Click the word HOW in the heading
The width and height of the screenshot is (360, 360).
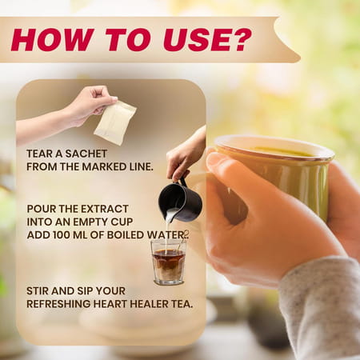[x=51, y=40]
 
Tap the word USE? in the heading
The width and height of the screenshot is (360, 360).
[x=207, y=40]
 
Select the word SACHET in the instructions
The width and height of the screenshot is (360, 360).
[x=86, y=154]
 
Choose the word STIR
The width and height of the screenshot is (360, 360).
[x=37, y=291]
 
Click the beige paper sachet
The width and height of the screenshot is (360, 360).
[x=115, y=123]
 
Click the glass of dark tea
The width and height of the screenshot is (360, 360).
[x=168, y=262]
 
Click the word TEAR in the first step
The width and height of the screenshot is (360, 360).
[x=38, y=154]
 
